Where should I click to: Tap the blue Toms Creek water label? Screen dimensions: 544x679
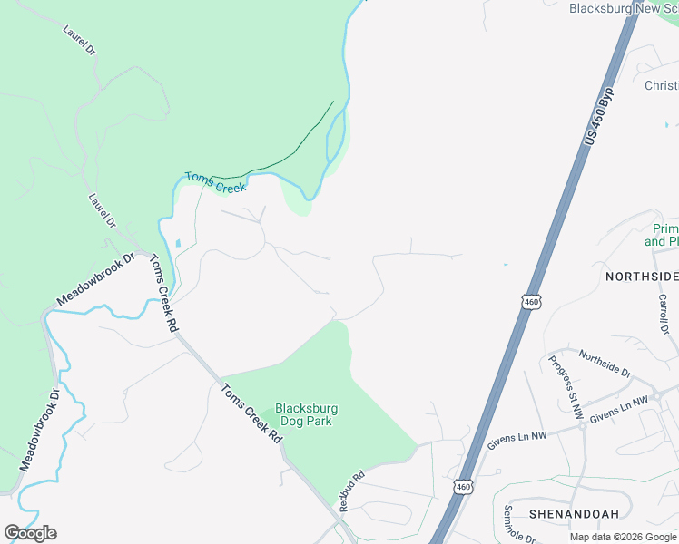click(x=215, y=181)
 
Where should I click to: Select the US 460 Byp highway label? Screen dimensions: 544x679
click(x=600, y=117)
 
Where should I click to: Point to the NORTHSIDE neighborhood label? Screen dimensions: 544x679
click(x=642, y=276)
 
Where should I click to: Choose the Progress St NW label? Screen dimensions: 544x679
click(x=563, y=380)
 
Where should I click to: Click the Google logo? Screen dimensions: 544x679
click(x=30, y=533)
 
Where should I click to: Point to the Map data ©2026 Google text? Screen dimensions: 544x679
click(x=624, y=537)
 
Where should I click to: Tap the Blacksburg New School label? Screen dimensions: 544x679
click(x=624, y=8)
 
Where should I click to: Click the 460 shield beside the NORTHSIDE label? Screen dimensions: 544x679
click(x=532, y=301)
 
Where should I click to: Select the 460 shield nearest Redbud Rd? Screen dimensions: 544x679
click(x=464, y=487)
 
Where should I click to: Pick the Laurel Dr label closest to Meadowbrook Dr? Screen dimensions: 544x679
click(x=103, y=210)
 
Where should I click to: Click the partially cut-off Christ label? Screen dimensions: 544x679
click(x=661, y=85)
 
